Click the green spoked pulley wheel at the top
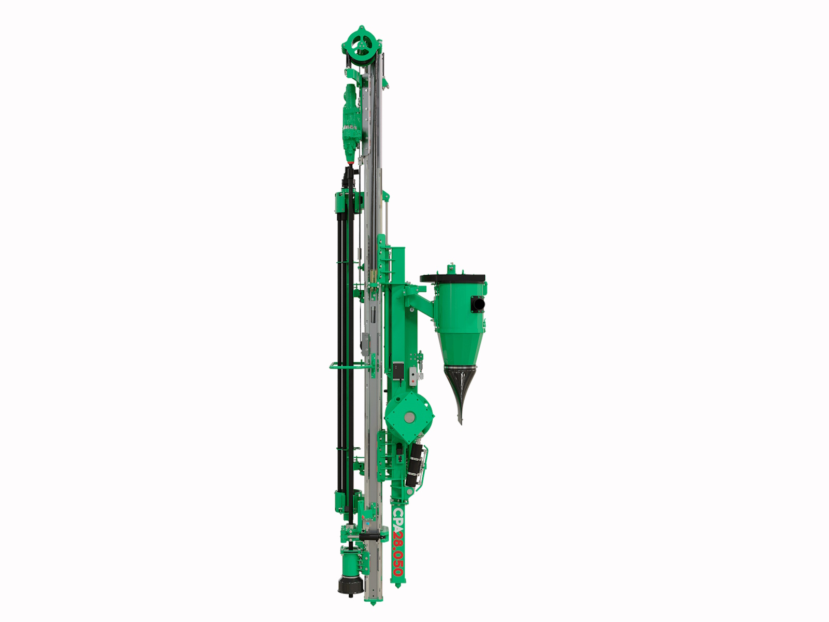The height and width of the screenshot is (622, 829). pyautogui.click(x=362, y=46)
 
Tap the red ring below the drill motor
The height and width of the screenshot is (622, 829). pyautogui.click(x=351, y=163)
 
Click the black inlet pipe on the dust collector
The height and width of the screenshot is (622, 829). pyautogui.click(x=479, y=304)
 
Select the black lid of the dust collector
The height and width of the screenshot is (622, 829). pyautogui.click(x=452, y=278)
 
